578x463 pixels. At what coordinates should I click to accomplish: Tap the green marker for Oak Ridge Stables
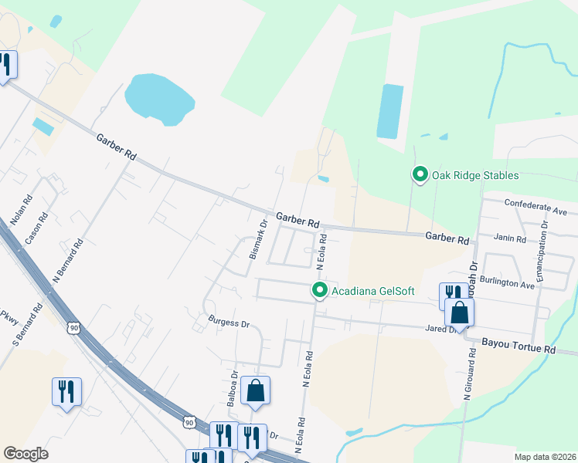[420, 174]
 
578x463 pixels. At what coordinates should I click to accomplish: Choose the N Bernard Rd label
[67, 261]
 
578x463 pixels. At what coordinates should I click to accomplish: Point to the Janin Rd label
[510, 239]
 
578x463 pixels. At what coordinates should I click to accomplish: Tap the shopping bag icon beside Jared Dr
[459, 313]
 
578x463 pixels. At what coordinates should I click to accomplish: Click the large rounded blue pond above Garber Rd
[158, 98]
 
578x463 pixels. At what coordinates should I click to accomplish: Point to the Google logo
[25, 454]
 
